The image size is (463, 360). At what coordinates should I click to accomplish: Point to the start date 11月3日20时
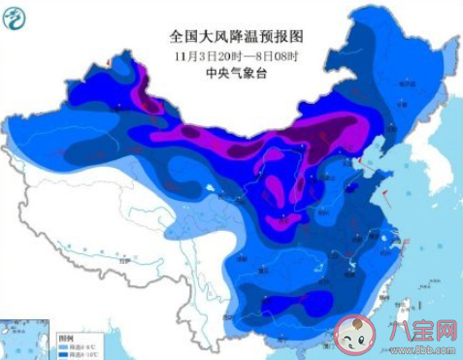(207, 54)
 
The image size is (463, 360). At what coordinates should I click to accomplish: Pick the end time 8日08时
(274, 54)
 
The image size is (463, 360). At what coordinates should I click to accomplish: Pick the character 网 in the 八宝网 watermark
(441, 331)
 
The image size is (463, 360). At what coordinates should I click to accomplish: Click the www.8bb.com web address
(416, 350)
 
